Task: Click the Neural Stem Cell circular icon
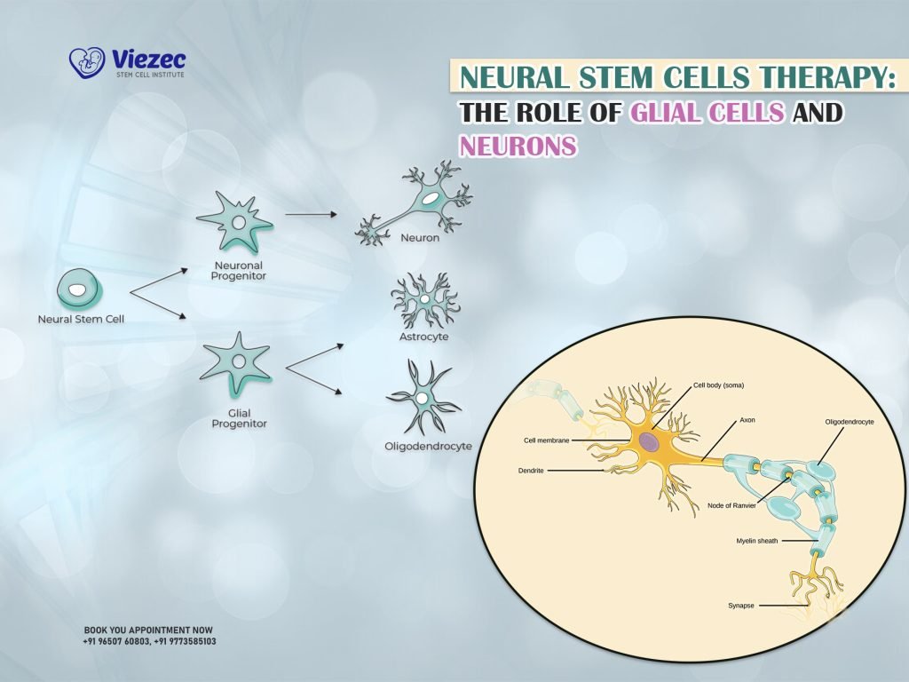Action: [x=78, y=289]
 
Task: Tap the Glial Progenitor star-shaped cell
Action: [x=239, y=361]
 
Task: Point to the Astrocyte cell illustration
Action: [x=425, y=301]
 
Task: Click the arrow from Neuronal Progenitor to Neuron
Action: [x=312, y=214]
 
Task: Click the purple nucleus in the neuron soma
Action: [x=650, y=441]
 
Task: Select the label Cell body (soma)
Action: [x=717, y=386]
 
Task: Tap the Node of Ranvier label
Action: [x=732, y=505]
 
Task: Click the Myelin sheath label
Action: [x=756, y=540]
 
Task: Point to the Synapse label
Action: [x=740, y=606]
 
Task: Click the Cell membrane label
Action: [x=547, y=440]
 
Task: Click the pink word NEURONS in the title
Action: [x=517, y=146]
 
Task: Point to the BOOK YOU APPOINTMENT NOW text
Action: [x=148, y=629]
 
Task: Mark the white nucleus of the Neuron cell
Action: [x=429, y=200]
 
